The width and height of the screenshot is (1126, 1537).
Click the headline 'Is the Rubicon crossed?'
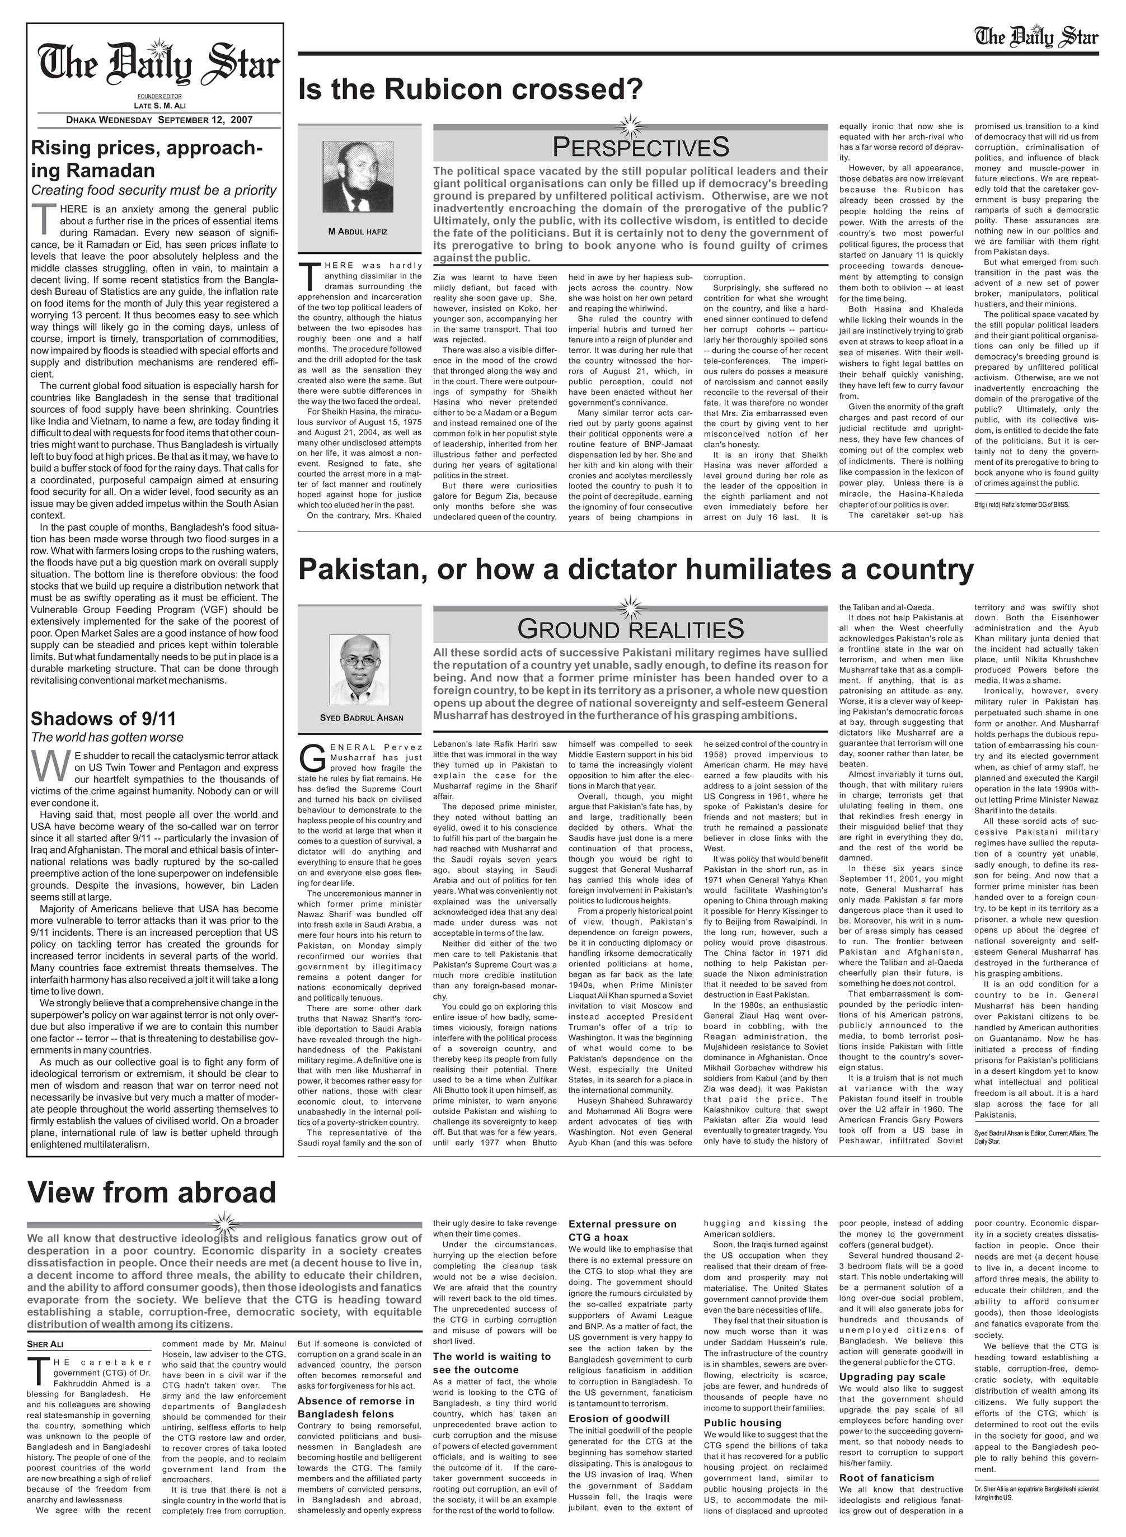(x=470, y=88)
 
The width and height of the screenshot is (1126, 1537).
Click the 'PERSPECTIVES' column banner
(x=640, y=147)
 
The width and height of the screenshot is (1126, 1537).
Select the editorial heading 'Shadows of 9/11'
(x=104, y=719)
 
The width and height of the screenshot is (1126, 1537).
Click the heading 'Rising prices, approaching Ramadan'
(x=147, y=159)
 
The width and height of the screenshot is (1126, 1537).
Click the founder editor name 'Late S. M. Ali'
(x=159, y=106)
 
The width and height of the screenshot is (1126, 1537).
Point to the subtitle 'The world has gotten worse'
(x=107, y=737)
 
